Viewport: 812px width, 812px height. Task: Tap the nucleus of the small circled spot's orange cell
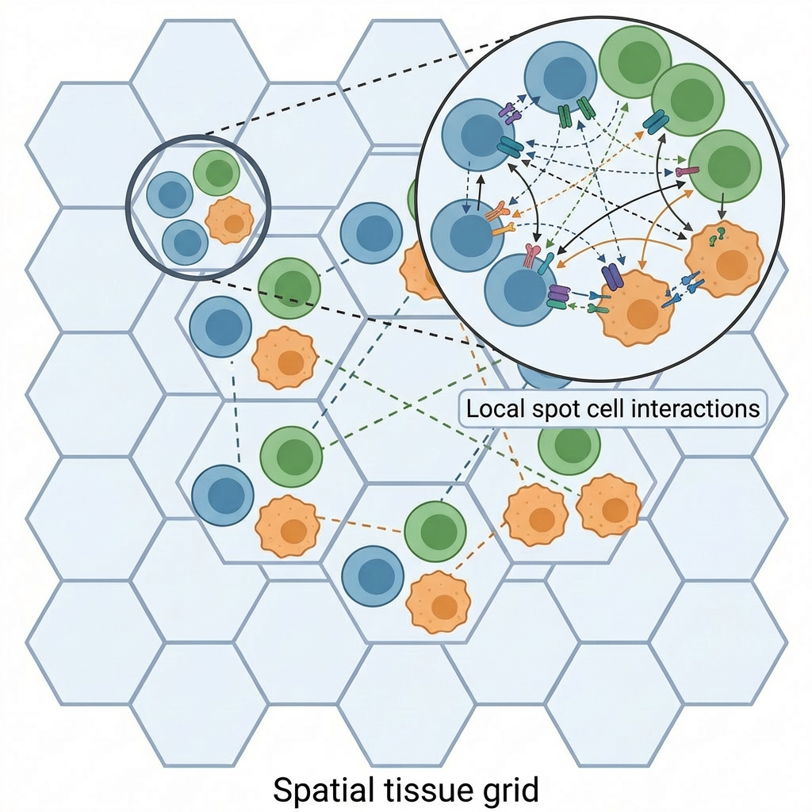point(234,224)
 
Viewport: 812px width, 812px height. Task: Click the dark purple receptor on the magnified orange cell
point(611,278)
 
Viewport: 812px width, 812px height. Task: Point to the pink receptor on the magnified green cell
point(687,170)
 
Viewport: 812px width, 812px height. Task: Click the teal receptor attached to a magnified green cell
point(656,121)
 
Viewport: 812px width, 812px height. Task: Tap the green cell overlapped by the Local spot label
point(569,448)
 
